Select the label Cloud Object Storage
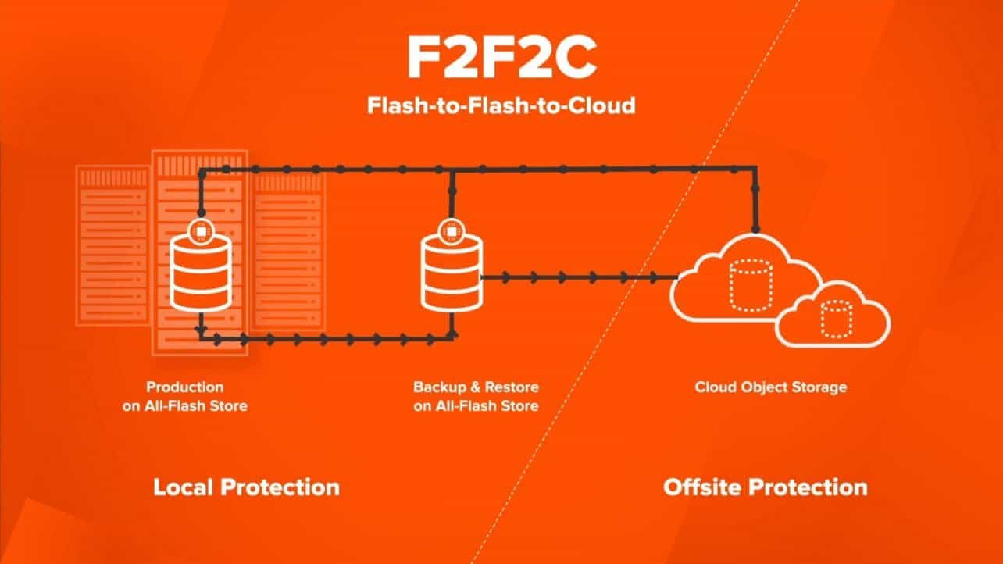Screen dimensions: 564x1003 770,387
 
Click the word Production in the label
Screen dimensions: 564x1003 184,387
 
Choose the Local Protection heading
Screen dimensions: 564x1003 246,487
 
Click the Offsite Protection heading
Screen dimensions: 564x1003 765,487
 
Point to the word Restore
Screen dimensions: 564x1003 512,387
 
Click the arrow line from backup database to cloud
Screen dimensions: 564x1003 578,277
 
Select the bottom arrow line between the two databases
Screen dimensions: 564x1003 328,338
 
